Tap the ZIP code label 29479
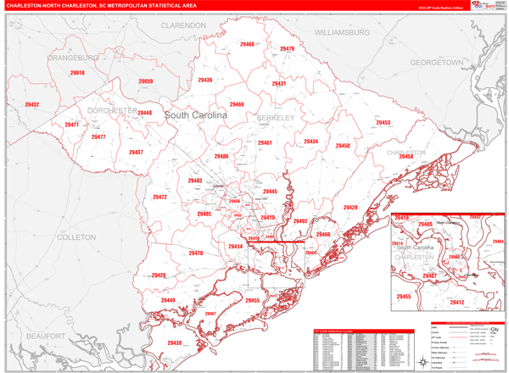286,49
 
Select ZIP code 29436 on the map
204,80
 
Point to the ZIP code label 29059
145,81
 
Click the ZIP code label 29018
77,74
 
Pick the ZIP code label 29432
32,104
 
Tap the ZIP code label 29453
383,123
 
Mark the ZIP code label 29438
174,342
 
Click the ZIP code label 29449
168,300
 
